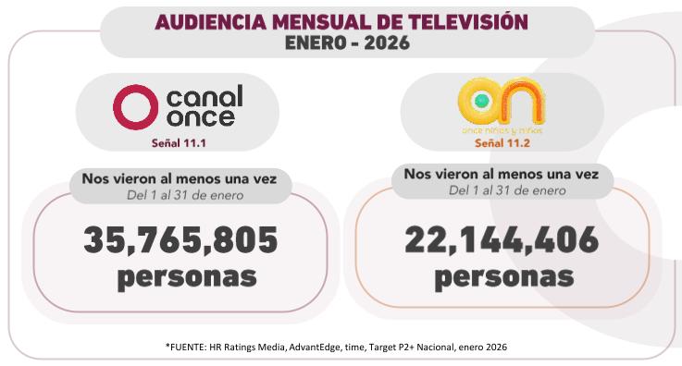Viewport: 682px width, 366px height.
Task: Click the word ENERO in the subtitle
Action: [x=313, y=42]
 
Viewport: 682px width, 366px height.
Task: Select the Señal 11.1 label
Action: [x=179, y=143]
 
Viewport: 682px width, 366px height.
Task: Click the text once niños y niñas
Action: [x=501, y=131]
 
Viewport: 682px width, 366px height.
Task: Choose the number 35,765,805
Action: [x=180, y=240]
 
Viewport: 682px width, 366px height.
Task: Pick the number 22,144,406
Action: [x=502, y=240]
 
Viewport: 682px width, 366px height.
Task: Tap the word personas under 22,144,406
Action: [x=503, y=276]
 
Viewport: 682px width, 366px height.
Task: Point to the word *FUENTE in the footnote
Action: [x=191, y=347]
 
